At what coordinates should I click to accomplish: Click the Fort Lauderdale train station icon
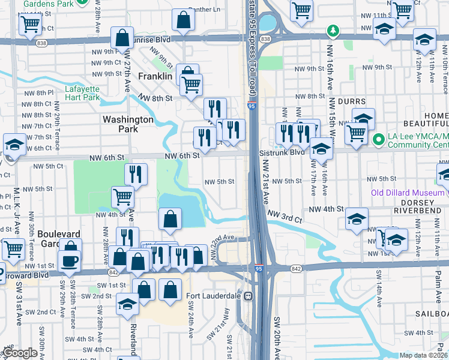pyautogui.click(x=247, y=296)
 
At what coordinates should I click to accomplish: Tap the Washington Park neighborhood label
pyautogui.click(x=128, y=124)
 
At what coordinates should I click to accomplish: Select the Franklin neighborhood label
pyautogui.click(x=155, y=77)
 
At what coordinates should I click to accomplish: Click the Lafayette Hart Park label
pyautogui.click(x=82, y=94)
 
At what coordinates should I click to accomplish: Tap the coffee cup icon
pyautogui.click(x=69, y=261)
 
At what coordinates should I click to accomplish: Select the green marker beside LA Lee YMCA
pyautogui.click(x=378, y=140)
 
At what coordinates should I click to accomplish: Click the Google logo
pyautogui.click(x=20, y=353)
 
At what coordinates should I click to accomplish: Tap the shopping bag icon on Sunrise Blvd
pyautogui.click(x=122, y=38)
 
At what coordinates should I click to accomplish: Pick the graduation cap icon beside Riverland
pyautogui.click(x=127, y=304)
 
